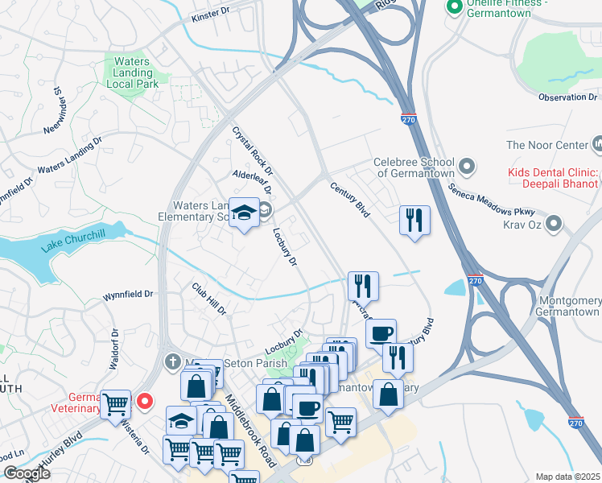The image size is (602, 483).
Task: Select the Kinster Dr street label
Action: (x=211, y=17)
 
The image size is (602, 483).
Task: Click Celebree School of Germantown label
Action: (x=414, y=167)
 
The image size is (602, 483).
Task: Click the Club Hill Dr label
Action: (x=209, y=299)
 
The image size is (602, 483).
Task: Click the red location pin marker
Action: (x=145, y=400)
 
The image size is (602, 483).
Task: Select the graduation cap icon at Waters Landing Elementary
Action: (x=244, y=214)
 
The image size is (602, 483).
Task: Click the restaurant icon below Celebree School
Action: (x=414, y=220)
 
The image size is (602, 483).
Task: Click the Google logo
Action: (x=26, y=473)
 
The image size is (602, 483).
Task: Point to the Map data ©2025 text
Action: (x=567, y=476)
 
